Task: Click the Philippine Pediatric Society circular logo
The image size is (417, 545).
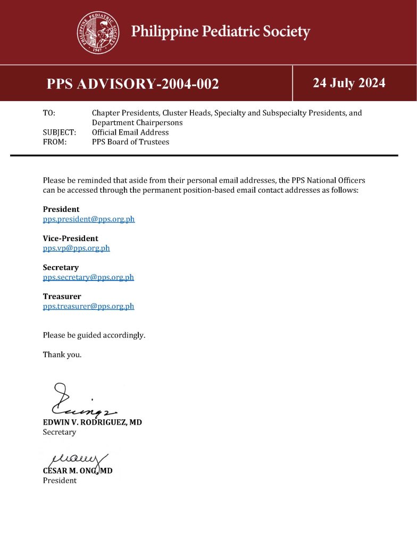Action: (98, 32)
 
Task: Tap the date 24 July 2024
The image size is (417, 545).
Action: (349, 83)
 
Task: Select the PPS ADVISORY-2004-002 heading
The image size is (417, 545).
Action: (132, 84)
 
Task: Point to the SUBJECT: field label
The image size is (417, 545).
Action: (59, 132)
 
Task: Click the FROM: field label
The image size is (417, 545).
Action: (54, 142)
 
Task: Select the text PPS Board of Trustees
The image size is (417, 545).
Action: (130, 142)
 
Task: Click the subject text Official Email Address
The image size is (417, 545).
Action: (130, 132)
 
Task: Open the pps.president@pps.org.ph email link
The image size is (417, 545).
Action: (89, 219)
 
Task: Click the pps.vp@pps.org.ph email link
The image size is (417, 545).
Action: (76, 248)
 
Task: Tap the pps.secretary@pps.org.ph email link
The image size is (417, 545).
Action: (88, 277)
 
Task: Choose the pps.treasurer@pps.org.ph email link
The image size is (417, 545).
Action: (88, 306)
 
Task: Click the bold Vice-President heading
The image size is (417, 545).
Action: (70, 238)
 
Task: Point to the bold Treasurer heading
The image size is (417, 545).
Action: (62, 296)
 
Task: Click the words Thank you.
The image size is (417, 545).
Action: (62, 354)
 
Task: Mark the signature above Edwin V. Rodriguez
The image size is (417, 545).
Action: (80, 400)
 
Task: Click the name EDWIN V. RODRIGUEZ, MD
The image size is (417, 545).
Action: (92, 422)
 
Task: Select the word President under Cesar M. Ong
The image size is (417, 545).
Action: (60, 480)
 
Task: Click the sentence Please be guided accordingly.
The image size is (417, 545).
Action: (94, 335)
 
